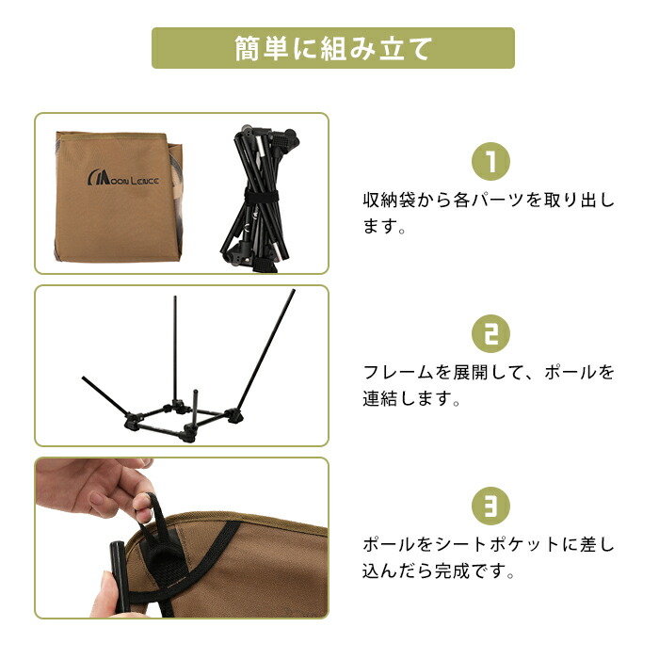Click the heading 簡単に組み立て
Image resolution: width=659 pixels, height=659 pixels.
333,49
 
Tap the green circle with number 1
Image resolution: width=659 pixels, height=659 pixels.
490,161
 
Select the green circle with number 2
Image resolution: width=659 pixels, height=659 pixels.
490,333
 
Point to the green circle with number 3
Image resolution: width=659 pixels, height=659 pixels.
490,506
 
